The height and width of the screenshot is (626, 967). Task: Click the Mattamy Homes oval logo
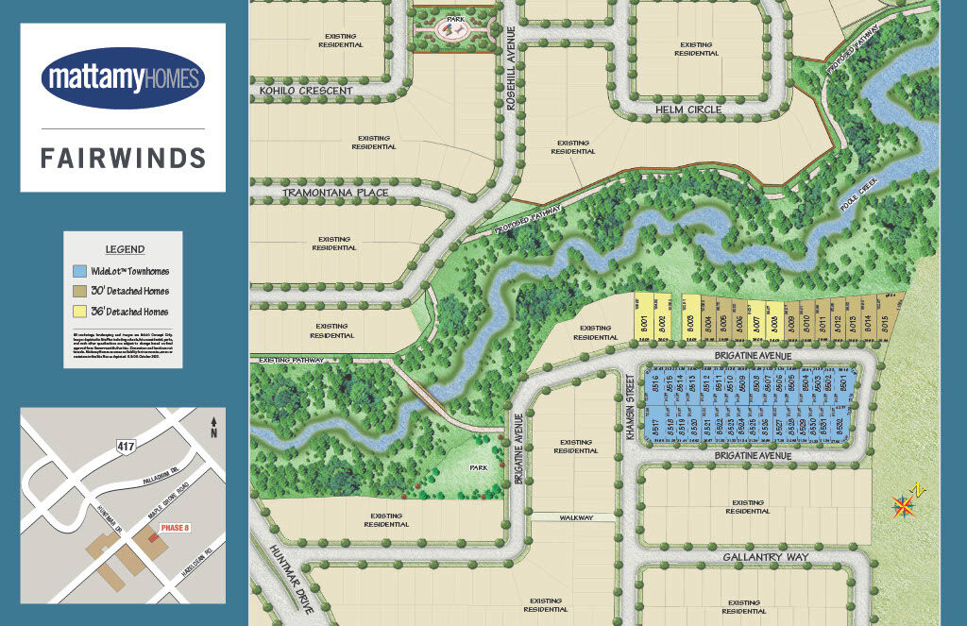(x=123, y=76)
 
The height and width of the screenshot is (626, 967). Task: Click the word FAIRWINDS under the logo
(x=123, y=157)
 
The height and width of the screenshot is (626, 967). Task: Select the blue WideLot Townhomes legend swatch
(x=79, y=271)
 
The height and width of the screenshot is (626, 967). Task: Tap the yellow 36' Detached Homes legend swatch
(x=79, y=311)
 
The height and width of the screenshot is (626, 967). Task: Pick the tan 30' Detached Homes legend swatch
(x=79, y=291)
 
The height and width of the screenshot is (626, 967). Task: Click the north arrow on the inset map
(x=215, y=428)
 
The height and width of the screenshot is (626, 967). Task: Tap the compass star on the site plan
(x=904, y=507)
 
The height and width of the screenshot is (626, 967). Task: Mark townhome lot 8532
(x=840, y=428)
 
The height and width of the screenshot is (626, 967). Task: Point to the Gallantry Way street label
(x=766, y=557)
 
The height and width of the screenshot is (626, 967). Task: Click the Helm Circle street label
(x=689, y=110)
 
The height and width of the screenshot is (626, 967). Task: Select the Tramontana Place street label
(x=335, y=193)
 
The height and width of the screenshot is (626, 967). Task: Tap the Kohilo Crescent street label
(x=305, y=91)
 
